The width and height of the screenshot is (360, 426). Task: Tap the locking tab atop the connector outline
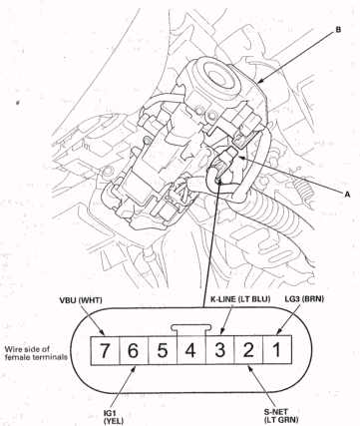click(190, 324)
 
